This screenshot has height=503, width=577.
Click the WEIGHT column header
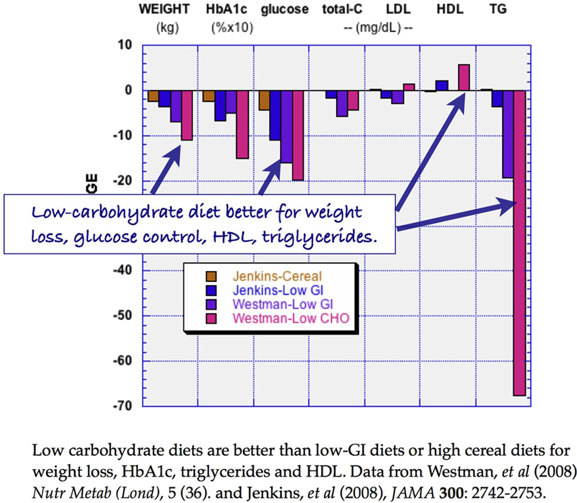(164, 10)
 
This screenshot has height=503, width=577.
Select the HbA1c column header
(226, 10)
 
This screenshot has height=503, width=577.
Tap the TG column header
(498, 10)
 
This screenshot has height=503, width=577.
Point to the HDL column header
(449, 10)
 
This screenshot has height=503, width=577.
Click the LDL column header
(398, 10)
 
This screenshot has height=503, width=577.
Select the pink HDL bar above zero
(464, 77)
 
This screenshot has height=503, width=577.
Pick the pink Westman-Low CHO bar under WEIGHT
(187, 115)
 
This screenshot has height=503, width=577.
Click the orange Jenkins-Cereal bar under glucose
(264, 100)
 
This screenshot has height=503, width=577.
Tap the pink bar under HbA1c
(243, 124)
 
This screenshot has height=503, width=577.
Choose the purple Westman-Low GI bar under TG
(508, 134)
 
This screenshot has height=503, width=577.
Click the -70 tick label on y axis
(122, 406)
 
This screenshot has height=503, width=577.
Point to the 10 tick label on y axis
(125, 45)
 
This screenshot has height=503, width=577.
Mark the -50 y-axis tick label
(122, 315)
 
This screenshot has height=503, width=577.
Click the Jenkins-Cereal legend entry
(277, 276)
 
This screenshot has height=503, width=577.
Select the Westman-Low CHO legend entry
(290, 318)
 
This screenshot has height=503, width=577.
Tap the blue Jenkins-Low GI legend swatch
(211, 291)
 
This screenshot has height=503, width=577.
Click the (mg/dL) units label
(378, 28)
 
